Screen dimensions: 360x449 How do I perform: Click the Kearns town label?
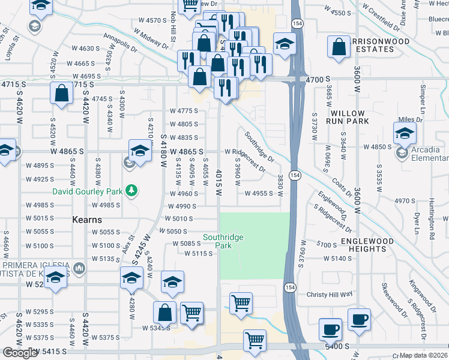coord(87,220)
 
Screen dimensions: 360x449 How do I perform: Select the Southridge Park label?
coord(223,241)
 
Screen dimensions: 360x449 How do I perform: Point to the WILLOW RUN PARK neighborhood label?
coord(347,117)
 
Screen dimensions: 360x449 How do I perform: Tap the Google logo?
coord(20,353)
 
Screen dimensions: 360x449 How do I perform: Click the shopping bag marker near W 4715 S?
coord(62,94)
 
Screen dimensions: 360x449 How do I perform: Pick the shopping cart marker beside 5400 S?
coord(255,340)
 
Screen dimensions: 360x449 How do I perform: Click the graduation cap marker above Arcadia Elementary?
coord(405,133)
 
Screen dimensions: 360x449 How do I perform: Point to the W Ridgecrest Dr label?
coord(245,161)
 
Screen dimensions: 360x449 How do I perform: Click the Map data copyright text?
coord(423,355)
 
